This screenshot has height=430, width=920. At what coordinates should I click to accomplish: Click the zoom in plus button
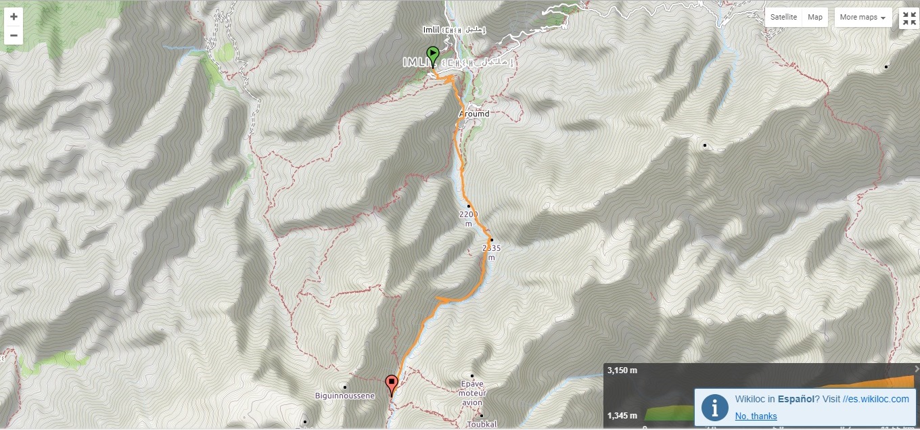(x=14, y=17)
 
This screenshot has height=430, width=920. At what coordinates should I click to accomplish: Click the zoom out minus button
(x=14, y=35)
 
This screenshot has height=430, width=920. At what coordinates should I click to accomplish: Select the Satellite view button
(x=783, y=17)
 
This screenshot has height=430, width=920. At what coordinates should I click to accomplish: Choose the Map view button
(x=815, y=17)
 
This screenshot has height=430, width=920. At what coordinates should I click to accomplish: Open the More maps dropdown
(x=862, y=17)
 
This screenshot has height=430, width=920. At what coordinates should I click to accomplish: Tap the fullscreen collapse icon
(x=908, y=19)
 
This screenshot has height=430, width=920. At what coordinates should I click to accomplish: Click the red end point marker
(x=391, y=384)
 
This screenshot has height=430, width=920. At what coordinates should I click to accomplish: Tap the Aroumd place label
(x=473, y=114)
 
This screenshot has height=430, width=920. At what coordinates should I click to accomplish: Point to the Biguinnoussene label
(x=345, y=396)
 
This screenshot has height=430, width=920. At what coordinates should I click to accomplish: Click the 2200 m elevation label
(x=469, y=218)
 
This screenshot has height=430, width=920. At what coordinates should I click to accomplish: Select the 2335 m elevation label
(x=492, y=252)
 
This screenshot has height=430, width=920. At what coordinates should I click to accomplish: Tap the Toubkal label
(x=482, y=425)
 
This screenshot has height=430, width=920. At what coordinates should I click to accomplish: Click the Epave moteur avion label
(x=472, y=393)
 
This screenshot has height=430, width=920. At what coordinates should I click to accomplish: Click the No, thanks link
(x=756, y=416)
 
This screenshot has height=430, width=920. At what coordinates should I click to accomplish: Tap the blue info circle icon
(x=714, y=407)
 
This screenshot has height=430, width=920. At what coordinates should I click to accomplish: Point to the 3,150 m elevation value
(x=622, y=371)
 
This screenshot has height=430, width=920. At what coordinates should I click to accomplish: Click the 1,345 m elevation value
(x=622, y=414)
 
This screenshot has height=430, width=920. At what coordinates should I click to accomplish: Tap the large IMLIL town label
(x=415, y=62)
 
